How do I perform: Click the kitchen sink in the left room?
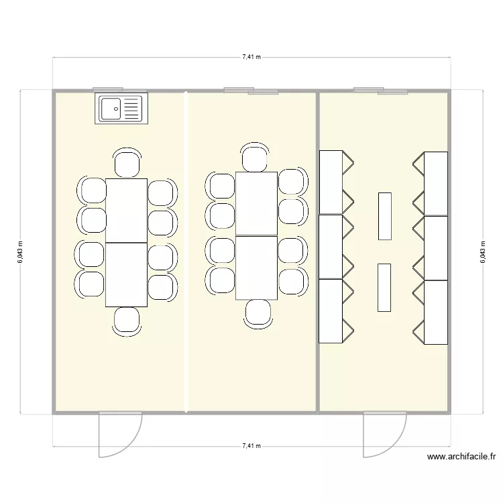coord(121,109)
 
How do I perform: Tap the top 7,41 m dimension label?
coord(251,58)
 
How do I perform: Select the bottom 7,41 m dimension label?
coord(251,445)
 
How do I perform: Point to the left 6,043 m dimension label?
coord(21,251)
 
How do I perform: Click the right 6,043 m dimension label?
coord(482,251)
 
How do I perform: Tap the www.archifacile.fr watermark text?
coord(461,457)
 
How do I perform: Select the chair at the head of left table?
coord(127,164)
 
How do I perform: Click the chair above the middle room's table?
coord(255,158)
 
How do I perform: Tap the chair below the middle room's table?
coord(258,313)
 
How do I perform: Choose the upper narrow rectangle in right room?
coord(384,215)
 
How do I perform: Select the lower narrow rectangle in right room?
coord(384,287)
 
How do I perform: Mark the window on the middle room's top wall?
coord(251,91)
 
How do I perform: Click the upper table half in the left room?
coord(126,211)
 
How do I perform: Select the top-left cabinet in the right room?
coord(331,182)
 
